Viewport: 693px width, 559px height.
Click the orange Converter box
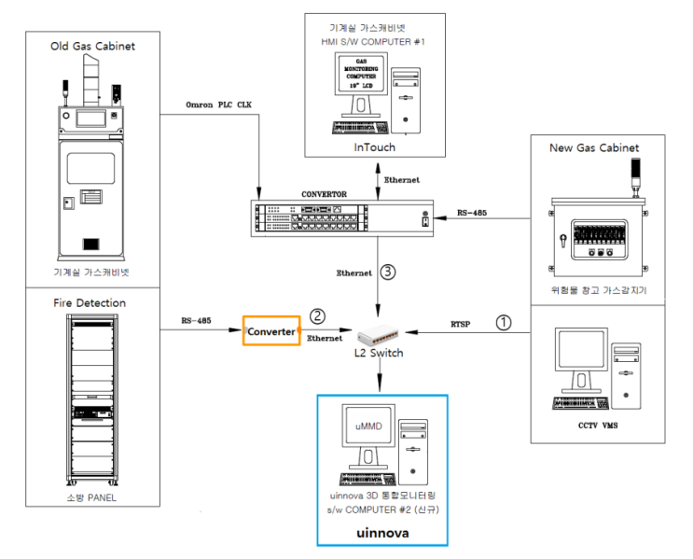tap(270, 331)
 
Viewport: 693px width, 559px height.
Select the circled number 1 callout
tap(505, 322)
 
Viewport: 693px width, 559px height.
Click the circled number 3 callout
tap(389, 272)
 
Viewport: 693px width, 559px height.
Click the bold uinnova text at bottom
tap(382, 533)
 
